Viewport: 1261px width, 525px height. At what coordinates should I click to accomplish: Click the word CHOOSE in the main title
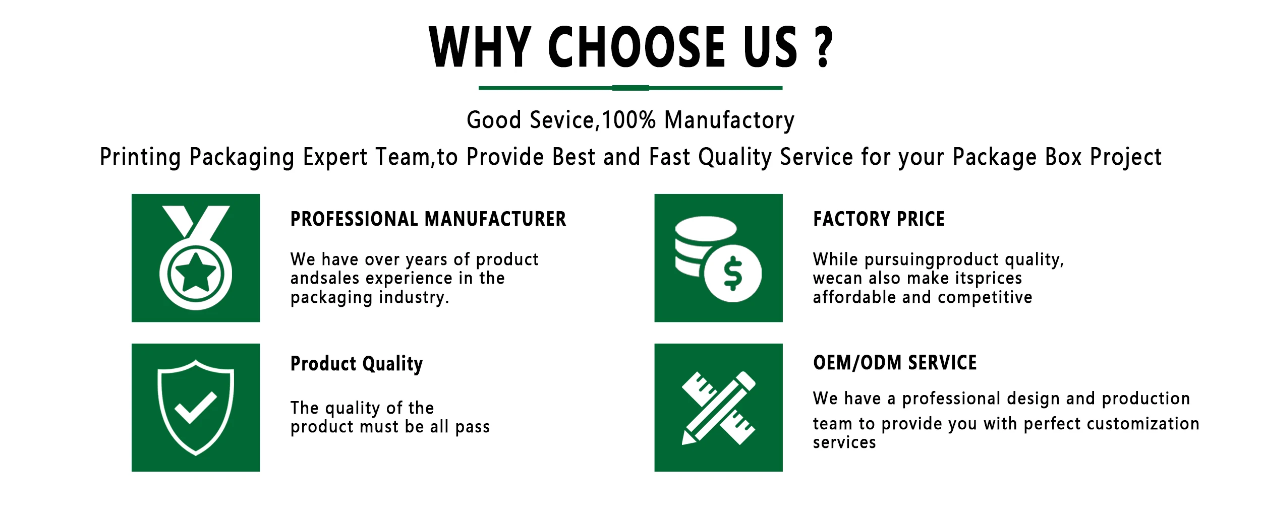coord(637,47)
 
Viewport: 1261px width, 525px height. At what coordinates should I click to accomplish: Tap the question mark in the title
coord(823,47)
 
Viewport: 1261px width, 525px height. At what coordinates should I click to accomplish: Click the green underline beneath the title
coord(630,88)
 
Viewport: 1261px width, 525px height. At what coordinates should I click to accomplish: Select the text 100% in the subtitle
coord(628,120)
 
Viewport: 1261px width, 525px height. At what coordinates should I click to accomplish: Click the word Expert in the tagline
coord(335,157)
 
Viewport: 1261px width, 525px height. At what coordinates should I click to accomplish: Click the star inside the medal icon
coord(195,273)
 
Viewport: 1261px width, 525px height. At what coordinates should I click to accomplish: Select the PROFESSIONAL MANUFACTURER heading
coord(428,219)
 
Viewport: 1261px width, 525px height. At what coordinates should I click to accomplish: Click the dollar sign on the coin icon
coord(732,274)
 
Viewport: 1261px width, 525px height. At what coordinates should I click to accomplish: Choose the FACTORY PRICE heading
coord(879,219)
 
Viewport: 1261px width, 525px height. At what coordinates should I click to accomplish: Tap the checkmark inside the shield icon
coord(196,407)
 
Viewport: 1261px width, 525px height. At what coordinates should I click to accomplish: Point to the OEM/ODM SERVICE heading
coord(895,363)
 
